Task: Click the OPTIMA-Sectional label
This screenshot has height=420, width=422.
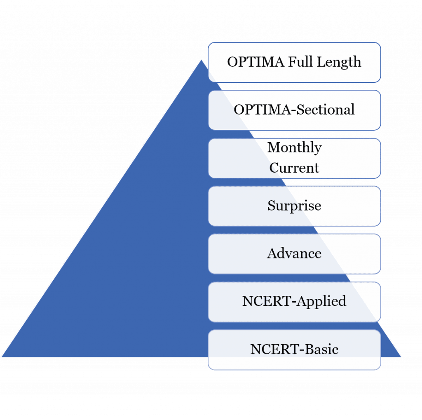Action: [294, 110]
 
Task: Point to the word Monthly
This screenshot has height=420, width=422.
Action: [294, 148]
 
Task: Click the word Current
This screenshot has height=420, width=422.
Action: [294, 168]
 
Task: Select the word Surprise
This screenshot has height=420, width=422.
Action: [294, 206]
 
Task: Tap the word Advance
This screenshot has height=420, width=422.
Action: [294, 253]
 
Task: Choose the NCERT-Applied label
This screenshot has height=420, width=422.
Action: [294, 301]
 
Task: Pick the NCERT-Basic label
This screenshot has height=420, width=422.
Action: [294, 350]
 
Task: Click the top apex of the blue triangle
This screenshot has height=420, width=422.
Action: [201, 59]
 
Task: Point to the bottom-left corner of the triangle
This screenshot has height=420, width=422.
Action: [2, 357]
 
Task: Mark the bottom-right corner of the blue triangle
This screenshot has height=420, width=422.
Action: [401, 357]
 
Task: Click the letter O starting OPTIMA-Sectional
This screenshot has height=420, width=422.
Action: [239, 110]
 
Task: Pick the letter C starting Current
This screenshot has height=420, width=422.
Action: [274, 168]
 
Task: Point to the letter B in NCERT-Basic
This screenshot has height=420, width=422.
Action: [309, 350]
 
